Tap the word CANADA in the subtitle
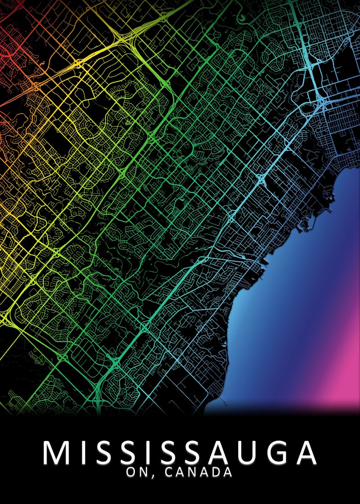[x=198, y=472]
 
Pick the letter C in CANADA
[x=169, y=472]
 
